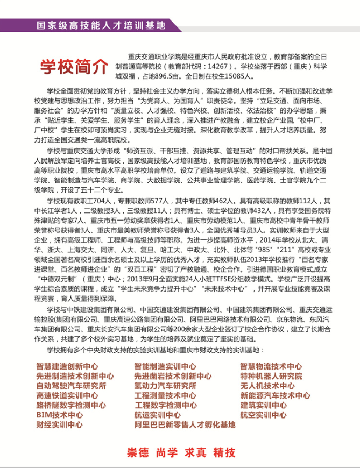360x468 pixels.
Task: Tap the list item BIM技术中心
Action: [59, 415]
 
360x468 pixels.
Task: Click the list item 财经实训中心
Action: [59, 424]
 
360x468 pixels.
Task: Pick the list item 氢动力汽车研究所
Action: [165, 386]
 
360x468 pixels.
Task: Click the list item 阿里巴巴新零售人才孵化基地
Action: [185, 424]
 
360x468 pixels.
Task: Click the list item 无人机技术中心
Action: [267, 386]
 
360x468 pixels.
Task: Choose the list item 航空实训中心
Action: [263, 415]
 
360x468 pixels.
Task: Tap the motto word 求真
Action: [195, 452]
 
